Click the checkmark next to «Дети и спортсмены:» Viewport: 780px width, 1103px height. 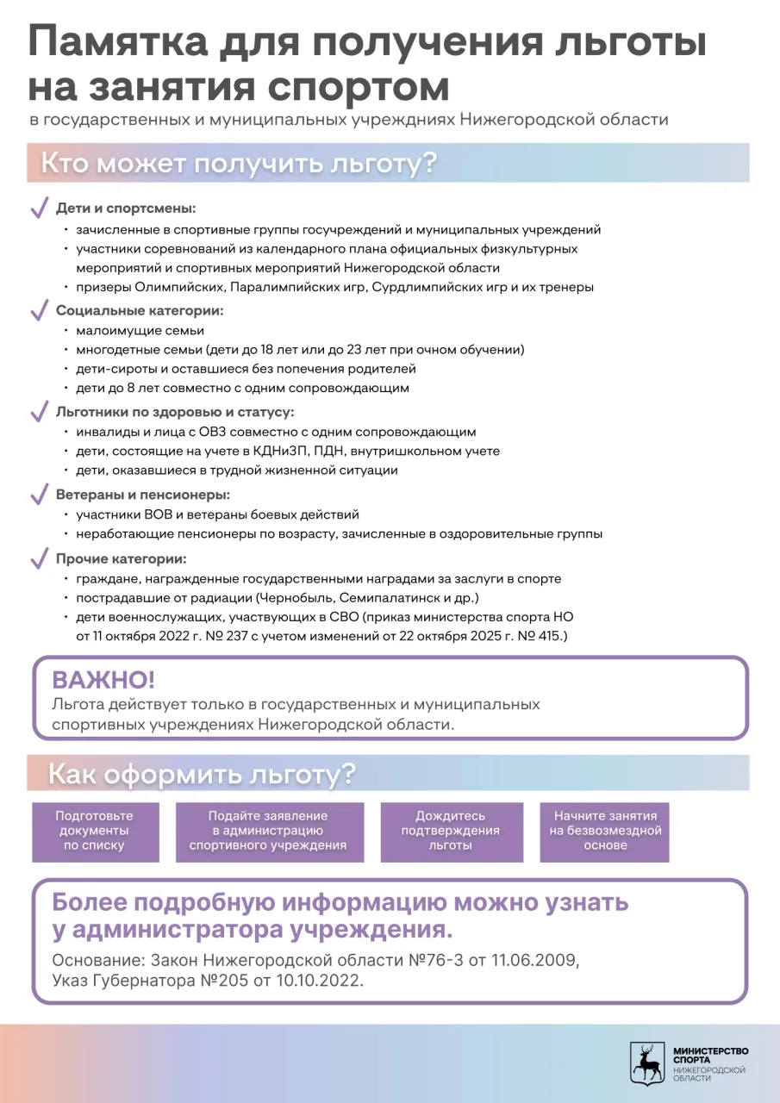(x=39, y=209)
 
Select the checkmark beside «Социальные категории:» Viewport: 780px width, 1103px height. (x=39, y=310)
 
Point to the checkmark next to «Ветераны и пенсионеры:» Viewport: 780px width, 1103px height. (x=39, y=495)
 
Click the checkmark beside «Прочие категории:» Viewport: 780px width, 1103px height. (x=39, y=559)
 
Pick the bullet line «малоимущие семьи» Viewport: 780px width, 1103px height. (x=140, y=331)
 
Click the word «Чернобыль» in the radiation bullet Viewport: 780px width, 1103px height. (x=303, y=598)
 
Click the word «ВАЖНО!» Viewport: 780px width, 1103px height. (x=103, y=680)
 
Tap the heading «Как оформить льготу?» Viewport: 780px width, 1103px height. (x=201, y=774)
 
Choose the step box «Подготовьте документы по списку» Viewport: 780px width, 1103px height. (x=95, y=832)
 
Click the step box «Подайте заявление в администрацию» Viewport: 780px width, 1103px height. (x=269, y=832)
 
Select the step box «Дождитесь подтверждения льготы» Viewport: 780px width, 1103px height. (x=452, y=832)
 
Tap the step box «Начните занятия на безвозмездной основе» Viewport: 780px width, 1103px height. (x=605, y=832)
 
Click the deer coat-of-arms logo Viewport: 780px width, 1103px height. (x=646, y=1062)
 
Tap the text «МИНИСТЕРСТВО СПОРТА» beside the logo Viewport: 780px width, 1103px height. (x=710, y=1056)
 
